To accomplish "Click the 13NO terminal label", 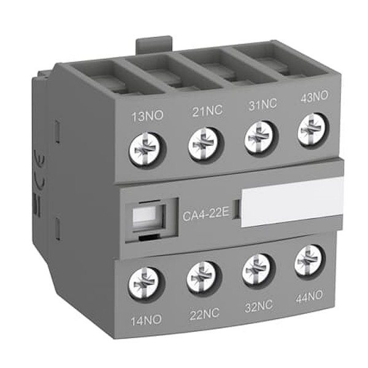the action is [x=147, y=117].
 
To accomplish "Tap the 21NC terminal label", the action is [x=207, y=110].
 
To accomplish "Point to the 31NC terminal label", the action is [x=263, y=104].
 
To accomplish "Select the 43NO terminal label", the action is [x=314, y=97].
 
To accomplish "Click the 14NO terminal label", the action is [x=146, y=320].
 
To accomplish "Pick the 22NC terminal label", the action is [x=204, y=313].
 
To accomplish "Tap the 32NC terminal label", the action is [x=259, y=306].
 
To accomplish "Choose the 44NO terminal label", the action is [x=309, y=297].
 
